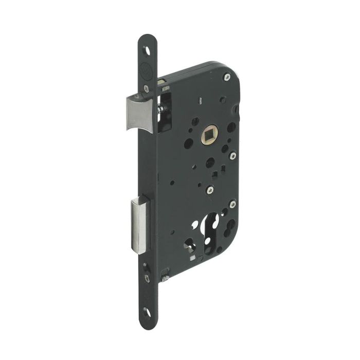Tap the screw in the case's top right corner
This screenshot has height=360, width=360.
click(226, 78)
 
